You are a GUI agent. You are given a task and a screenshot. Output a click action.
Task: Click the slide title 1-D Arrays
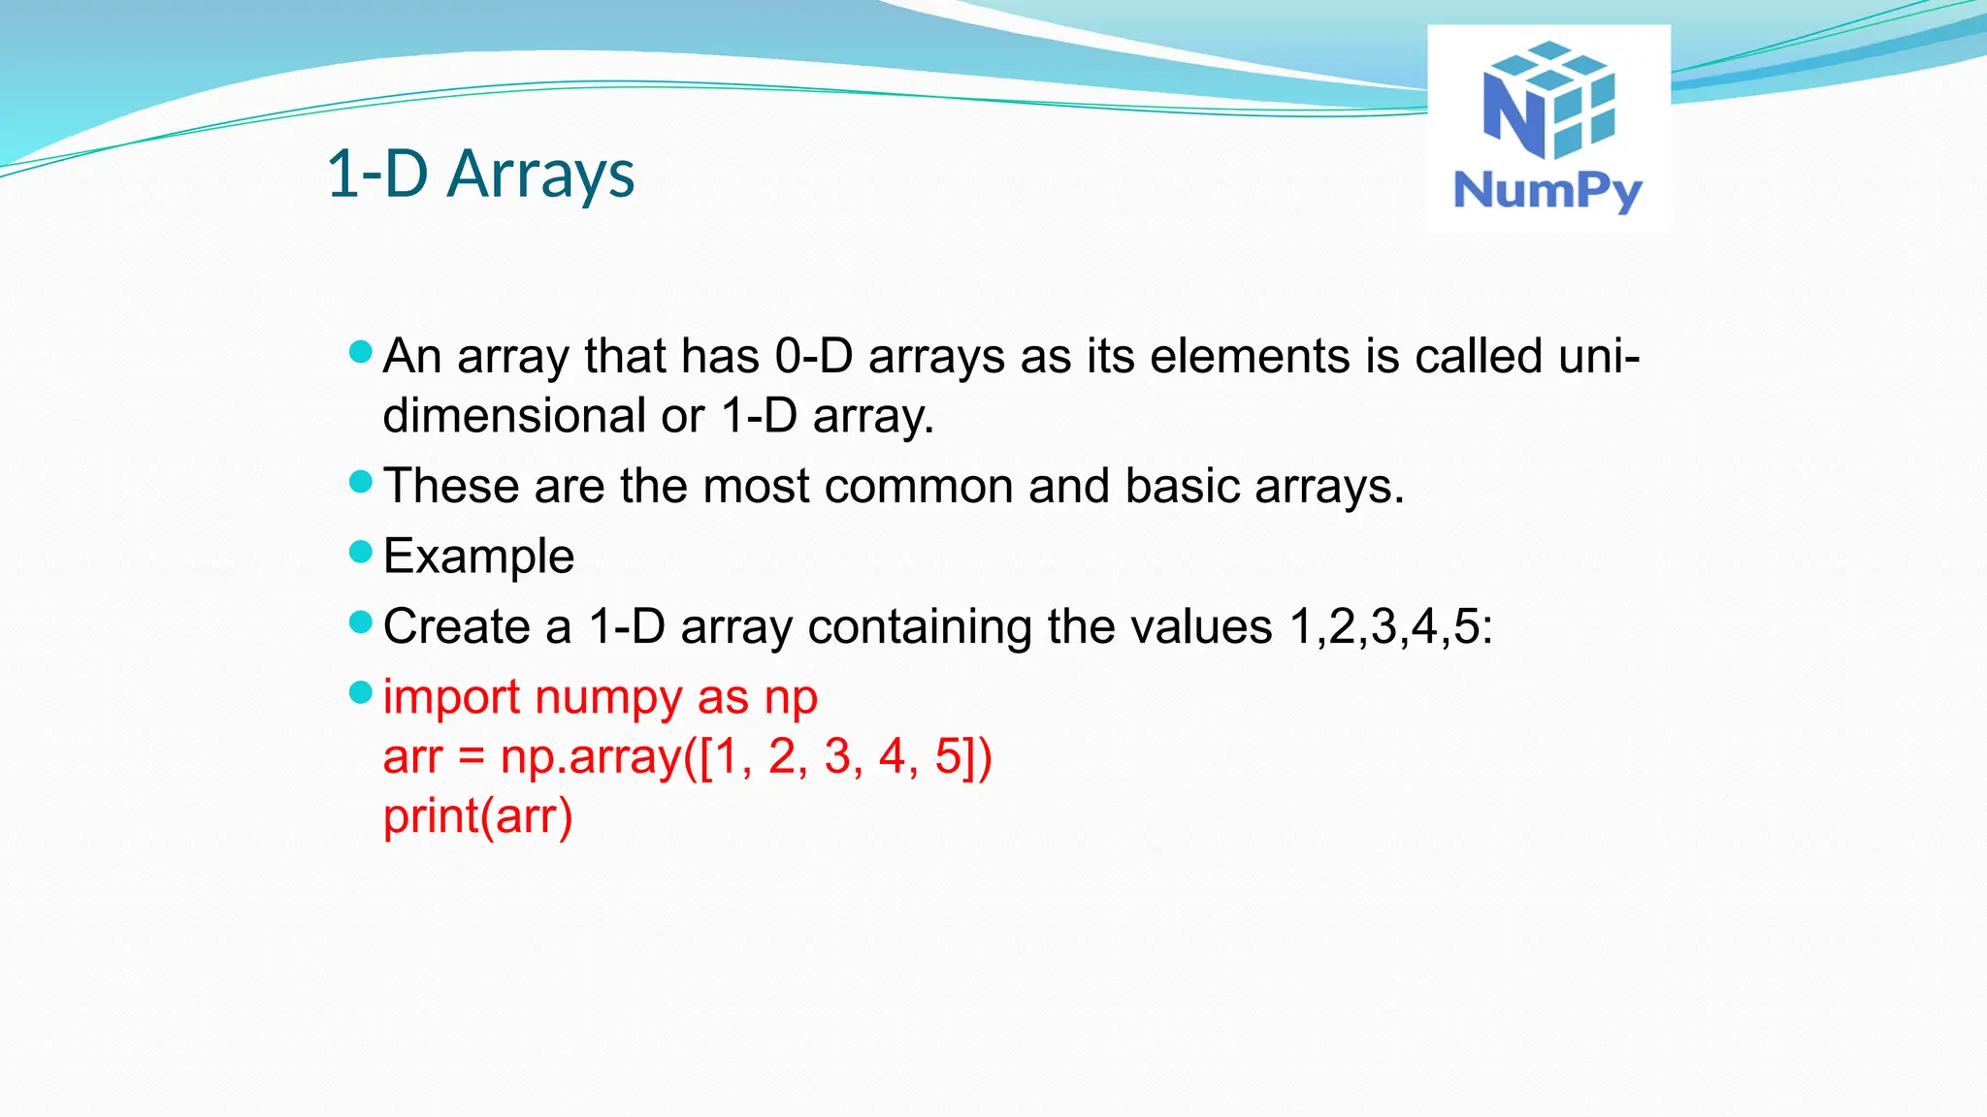[480, 175]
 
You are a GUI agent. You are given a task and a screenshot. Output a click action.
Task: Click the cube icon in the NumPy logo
[1549, 101]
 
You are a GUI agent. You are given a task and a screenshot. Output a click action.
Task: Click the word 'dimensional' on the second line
[514, 416]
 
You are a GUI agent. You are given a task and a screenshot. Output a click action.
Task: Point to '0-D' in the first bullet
[813, 356]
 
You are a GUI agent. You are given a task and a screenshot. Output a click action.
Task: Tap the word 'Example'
[478, 557]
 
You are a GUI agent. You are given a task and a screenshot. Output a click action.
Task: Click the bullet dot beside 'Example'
[360, 552]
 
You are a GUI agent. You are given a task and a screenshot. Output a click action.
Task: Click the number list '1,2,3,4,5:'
[1390, 626]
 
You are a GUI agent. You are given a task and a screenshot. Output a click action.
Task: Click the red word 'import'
[451, 697]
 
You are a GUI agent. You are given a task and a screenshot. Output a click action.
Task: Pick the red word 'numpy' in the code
[607, 697]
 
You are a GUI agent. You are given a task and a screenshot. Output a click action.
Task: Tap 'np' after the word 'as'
[791, 697]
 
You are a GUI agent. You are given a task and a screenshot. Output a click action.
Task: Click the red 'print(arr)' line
[477, 816]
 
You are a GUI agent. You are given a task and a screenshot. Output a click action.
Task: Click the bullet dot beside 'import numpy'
[360, 692]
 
